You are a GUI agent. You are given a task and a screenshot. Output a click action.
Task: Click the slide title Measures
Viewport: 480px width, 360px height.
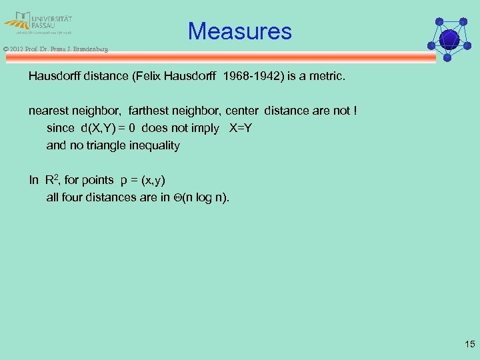239,31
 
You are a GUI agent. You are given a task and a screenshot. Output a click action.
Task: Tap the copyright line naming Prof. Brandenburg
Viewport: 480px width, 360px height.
55,49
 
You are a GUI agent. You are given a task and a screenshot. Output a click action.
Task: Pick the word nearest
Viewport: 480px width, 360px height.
49,111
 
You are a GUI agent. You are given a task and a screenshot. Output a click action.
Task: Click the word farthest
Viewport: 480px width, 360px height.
151,111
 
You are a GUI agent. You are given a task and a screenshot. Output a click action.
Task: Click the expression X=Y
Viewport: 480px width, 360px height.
240,128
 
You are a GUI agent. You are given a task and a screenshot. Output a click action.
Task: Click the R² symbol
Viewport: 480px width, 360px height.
53,179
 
